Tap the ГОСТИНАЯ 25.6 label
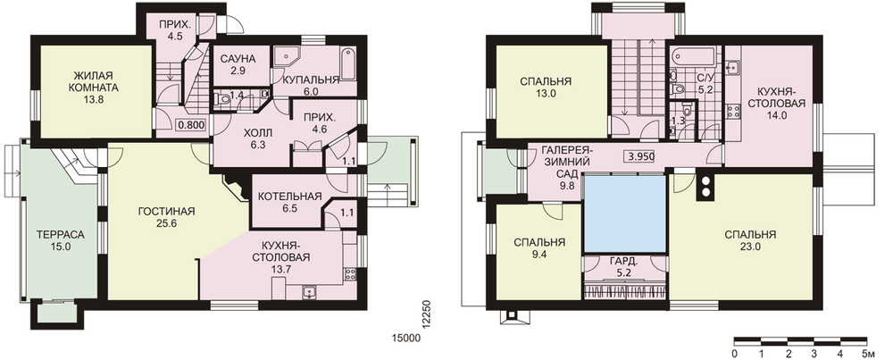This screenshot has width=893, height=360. point(166,217)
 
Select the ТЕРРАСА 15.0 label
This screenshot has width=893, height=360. point(61,240)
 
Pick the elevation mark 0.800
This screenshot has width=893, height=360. point(191,124)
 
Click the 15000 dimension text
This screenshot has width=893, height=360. point(405,339)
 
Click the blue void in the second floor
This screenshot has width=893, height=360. point(625,213)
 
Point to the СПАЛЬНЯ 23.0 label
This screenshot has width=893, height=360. point(750,240)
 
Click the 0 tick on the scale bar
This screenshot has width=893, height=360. point(734,354)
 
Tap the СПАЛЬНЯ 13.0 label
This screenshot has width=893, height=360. point(546,88)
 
